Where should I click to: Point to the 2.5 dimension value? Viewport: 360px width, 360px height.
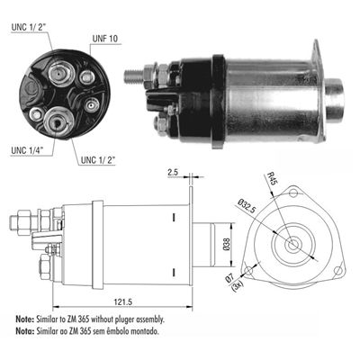click(173, 172)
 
